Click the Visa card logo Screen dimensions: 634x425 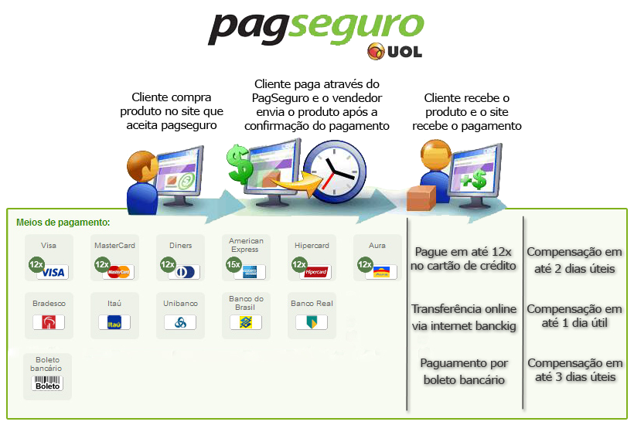54,272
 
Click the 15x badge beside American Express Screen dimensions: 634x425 233,264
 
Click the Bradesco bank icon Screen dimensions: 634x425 49,322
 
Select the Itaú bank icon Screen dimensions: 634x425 114,322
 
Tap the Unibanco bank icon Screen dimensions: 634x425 180,322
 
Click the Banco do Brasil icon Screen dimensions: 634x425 246,322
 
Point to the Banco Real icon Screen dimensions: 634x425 312,322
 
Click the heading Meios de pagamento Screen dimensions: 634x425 63,223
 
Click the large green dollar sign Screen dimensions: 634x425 240,164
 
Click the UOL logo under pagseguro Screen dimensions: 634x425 394,52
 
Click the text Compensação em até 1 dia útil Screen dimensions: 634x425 574,316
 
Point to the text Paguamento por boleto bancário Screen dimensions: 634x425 464,371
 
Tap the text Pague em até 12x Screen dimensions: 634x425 464,252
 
